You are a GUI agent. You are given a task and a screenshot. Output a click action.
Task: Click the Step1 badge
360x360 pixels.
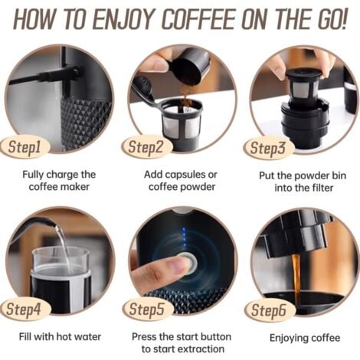point(25,147)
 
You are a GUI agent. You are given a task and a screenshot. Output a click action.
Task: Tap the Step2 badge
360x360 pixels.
point(146,147)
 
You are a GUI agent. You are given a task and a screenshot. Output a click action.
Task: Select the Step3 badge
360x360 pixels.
point(268,149)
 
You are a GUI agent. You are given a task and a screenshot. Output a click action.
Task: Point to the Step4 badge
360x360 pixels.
point(25,309)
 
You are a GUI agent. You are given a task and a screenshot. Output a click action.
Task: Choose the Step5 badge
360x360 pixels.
point(148,309)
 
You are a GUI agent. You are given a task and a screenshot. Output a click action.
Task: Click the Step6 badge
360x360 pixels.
point(270,310)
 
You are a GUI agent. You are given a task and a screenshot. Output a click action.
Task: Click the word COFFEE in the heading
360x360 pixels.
point(199,19)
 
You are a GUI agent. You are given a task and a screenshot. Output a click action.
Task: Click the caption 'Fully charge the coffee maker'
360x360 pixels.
point(59,181)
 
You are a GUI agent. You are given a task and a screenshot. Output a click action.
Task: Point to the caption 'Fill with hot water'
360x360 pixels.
point(60,336)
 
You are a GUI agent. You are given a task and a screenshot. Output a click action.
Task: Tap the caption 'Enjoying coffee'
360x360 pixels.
point(305,338)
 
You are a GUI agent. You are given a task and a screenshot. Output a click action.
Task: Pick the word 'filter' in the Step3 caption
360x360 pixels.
point(322,188)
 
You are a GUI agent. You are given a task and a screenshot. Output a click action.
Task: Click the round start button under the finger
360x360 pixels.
point(188,263)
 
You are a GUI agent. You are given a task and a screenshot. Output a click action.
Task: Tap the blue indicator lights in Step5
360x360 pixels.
point(184,237)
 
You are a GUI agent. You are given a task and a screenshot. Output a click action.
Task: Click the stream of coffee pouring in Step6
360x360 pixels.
point(296,274)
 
